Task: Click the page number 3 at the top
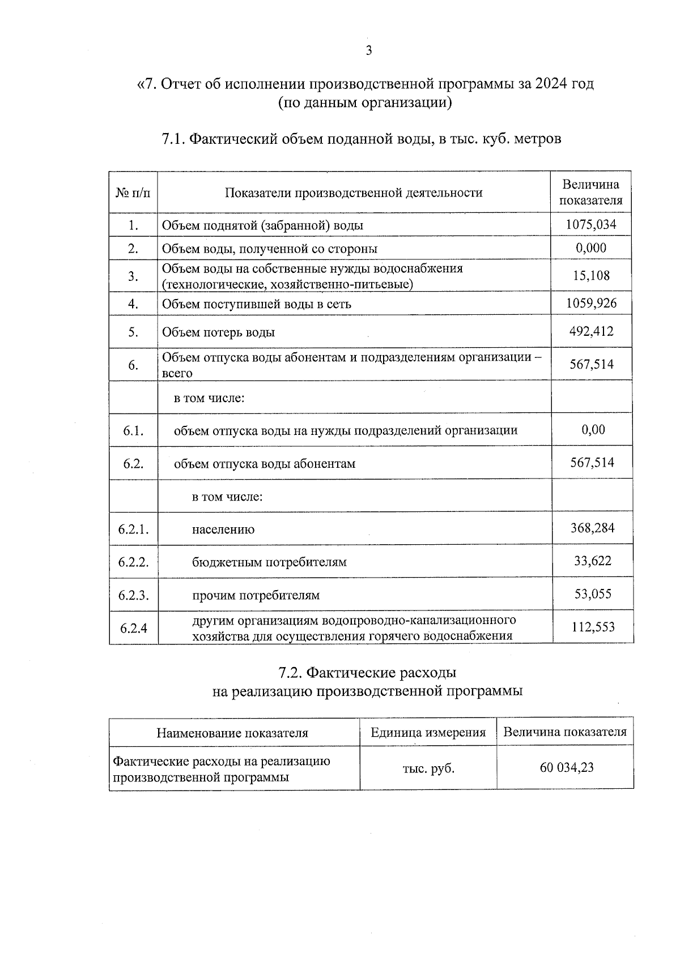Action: pyautogui.click(x=369, y=51)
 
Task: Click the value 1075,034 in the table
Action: pyautogui.click(x=591, y=224)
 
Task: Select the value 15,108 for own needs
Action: pyautogui.click(x=592, y=276)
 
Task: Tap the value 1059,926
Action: pyautogui.click(x=592, y=303)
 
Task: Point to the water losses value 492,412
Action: pyautogui.click(x=592, y=331)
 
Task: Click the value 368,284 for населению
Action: pyautogui.click(x=592, y=528)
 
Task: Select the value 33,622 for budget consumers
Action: pyautogui.click(x=593, y=561)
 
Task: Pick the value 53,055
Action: pyautogui.click(x=593, y=594)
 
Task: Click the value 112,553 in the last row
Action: pyautogui.click(x=593, y=627)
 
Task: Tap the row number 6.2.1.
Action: pyautogui.click(x=134, y=529)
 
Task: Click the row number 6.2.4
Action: pyautogui.click(x=134, y=628)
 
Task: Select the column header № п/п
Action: pyautogui.click(x=134, y=193)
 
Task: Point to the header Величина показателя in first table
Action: pyautogui.click(x=591, y=192)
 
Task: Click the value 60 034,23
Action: pyautogui.click(x=567, y=768)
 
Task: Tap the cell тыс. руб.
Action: pyautogui.click(x=428, y=768)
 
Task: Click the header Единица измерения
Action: pyautogui.click(x=428, y=732)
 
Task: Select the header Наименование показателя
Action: pyautogui.click(x=232, y=733)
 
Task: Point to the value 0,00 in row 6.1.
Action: pyautogui.click(x=593, y=430)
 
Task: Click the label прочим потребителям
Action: pyautogui.click(x=256, y=595)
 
